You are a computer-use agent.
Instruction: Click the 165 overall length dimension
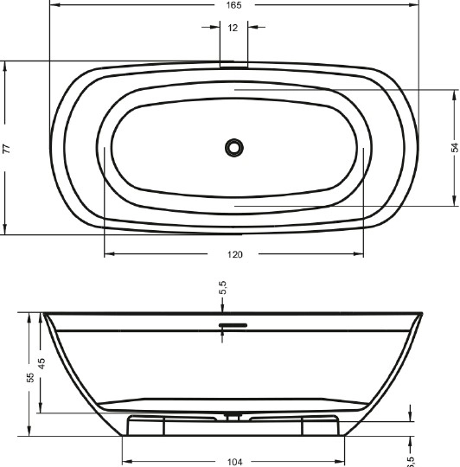(x=233, y=5)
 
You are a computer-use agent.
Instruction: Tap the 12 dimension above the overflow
(x=233, y=28)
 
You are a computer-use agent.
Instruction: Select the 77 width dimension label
(x=8, y=149)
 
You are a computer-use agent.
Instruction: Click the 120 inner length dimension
(x=234, y=254)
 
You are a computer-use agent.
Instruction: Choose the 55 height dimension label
(x=30, y=377)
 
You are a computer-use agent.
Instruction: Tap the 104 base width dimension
(x=233, y=462)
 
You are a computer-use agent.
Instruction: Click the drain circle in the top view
(x=233, y=147)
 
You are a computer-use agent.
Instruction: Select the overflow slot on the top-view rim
(x=233, y=64)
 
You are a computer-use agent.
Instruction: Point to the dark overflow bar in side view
(x=233, y=325)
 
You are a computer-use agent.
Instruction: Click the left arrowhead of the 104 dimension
(x=125, y=462)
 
